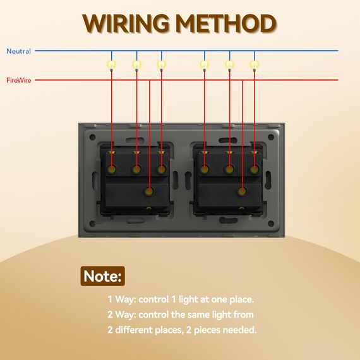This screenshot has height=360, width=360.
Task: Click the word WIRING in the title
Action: pos(126,23)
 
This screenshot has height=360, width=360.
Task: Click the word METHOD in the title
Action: pos(227,23)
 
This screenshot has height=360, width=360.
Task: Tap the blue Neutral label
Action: pos(18,51)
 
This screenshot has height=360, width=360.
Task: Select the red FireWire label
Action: pos(18,80)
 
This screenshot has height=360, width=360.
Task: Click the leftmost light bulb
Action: pos(112,65)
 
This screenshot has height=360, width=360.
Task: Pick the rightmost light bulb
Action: pos(254,65)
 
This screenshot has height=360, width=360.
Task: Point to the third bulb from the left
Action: pos(162,65)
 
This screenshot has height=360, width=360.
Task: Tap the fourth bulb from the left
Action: pos(205,65)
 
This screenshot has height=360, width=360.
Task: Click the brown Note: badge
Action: pos(102,276)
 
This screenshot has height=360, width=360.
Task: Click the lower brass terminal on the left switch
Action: pos(150,191)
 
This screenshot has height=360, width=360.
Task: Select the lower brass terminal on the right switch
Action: pos(243,191)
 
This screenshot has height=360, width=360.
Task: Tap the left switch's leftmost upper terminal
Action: pos(112,169)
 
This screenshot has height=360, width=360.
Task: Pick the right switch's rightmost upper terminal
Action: pos(254,169)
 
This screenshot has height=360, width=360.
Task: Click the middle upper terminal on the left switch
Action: pos(136,169)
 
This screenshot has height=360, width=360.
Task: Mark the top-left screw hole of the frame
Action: pos(92,137)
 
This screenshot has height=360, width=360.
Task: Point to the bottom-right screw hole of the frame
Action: pos(271,223)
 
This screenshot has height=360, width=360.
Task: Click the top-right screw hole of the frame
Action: pos(271,137)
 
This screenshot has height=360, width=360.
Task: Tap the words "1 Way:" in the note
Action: pos(122,299)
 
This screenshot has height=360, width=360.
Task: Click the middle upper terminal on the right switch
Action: pos(229,169)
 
